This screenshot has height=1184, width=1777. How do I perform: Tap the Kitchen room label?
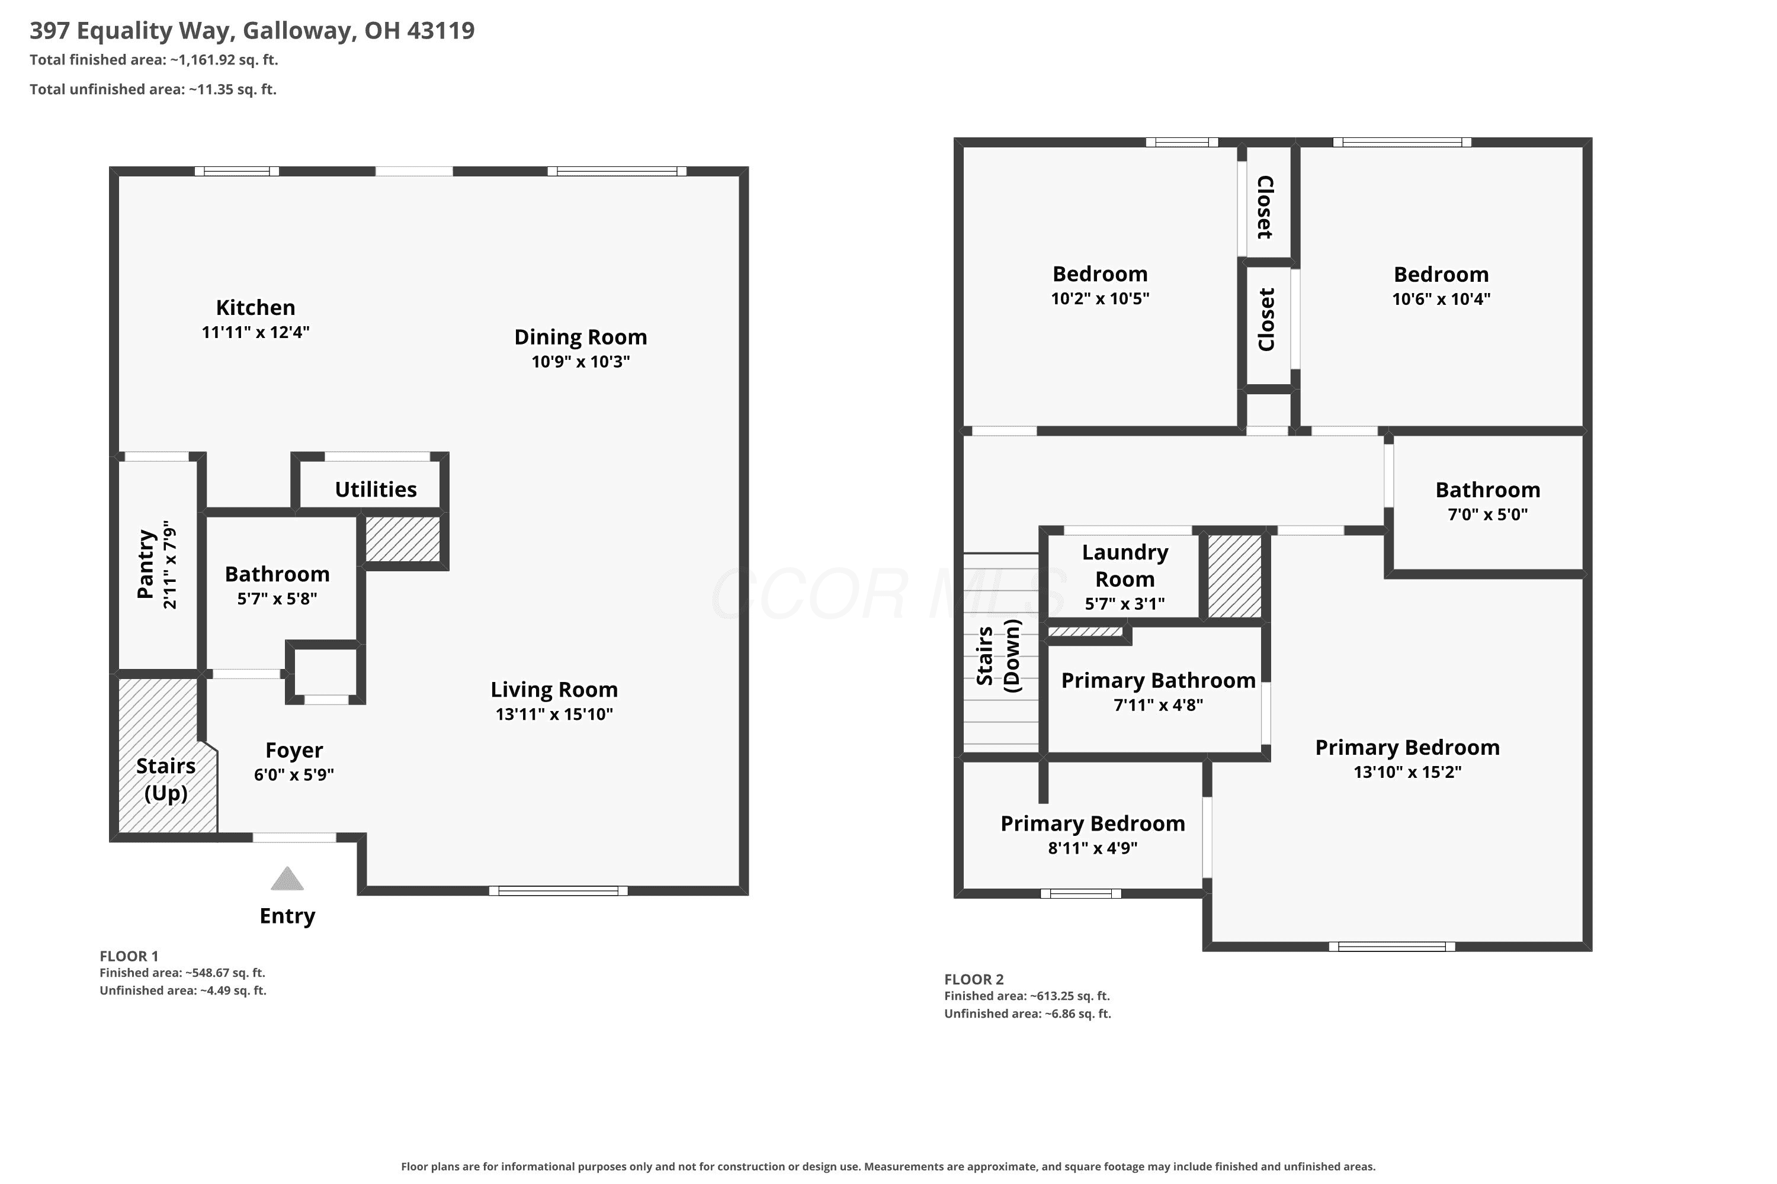(255, 307)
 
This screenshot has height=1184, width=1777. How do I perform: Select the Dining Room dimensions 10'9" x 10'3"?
(580, 361)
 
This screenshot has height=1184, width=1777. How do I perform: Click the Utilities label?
(376, 490)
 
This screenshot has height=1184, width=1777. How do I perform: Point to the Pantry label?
(146, 564)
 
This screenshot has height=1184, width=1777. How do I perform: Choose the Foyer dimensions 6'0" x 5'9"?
(294, 774)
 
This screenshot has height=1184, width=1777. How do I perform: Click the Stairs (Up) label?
(165, 779)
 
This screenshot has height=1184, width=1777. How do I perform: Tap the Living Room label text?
(554, 690)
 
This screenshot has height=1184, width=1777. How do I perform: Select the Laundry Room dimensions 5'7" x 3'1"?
(1124, 603)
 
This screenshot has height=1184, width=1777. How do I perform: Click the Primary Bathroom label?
(1158, 680)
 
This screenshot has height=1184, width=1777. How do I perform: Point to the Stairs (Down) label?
(998, 655)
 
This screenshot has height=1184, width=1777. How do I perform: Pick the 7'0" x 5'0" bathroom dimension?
(1487, 514)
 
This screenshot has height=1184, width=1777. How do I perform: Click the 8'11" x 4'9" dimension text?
(1092, 847)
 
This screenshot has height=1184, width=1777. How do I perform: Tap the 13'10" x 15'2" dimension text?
(1407, 772)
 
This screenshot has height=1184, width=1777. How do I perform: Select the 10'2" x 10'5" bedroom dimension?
(1100, 298)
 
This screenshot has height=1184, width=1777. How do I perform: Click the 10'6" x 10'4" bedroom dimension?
(1441, 299)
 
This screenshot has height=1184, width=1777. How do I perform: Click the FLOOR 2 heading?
(974, 979)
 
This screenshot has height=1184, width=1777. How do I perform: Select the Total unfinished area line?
(153, 89)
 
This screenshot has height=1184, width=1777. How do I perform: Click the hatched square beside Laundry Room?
(1234, 576)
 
